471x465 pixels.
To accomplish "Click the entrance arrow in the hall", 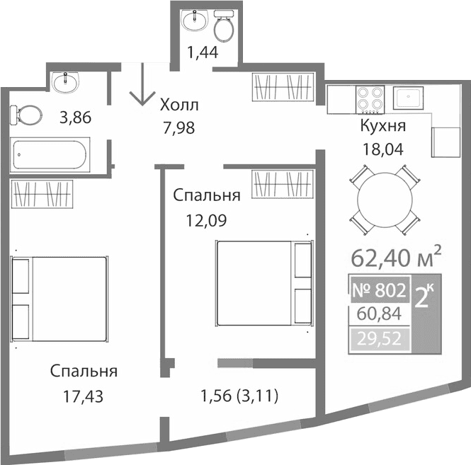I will coord(143,86).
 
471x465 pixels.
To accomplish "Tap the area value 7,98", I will coord(177,128).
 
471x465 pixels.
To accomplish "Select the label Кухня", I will coord(382,127).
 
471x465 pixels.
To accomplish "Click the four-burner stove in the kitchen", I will coord(370,100).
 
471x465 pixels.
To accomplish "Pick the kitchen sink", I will coord(409,100).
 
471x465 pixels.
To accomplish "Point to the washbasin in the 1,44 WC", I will coord(191,21).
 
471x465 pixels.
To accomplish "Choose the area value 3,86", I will coord(76,118).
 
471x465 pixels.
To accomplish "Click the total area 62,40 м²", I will coord(397,253).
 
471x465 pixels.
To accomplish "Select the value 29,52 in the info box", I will coord(379,340).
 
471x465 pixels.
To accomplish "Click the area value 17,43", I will coord(84,397).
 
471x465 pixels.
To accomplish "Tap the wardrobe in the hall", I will coord(283,88).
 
